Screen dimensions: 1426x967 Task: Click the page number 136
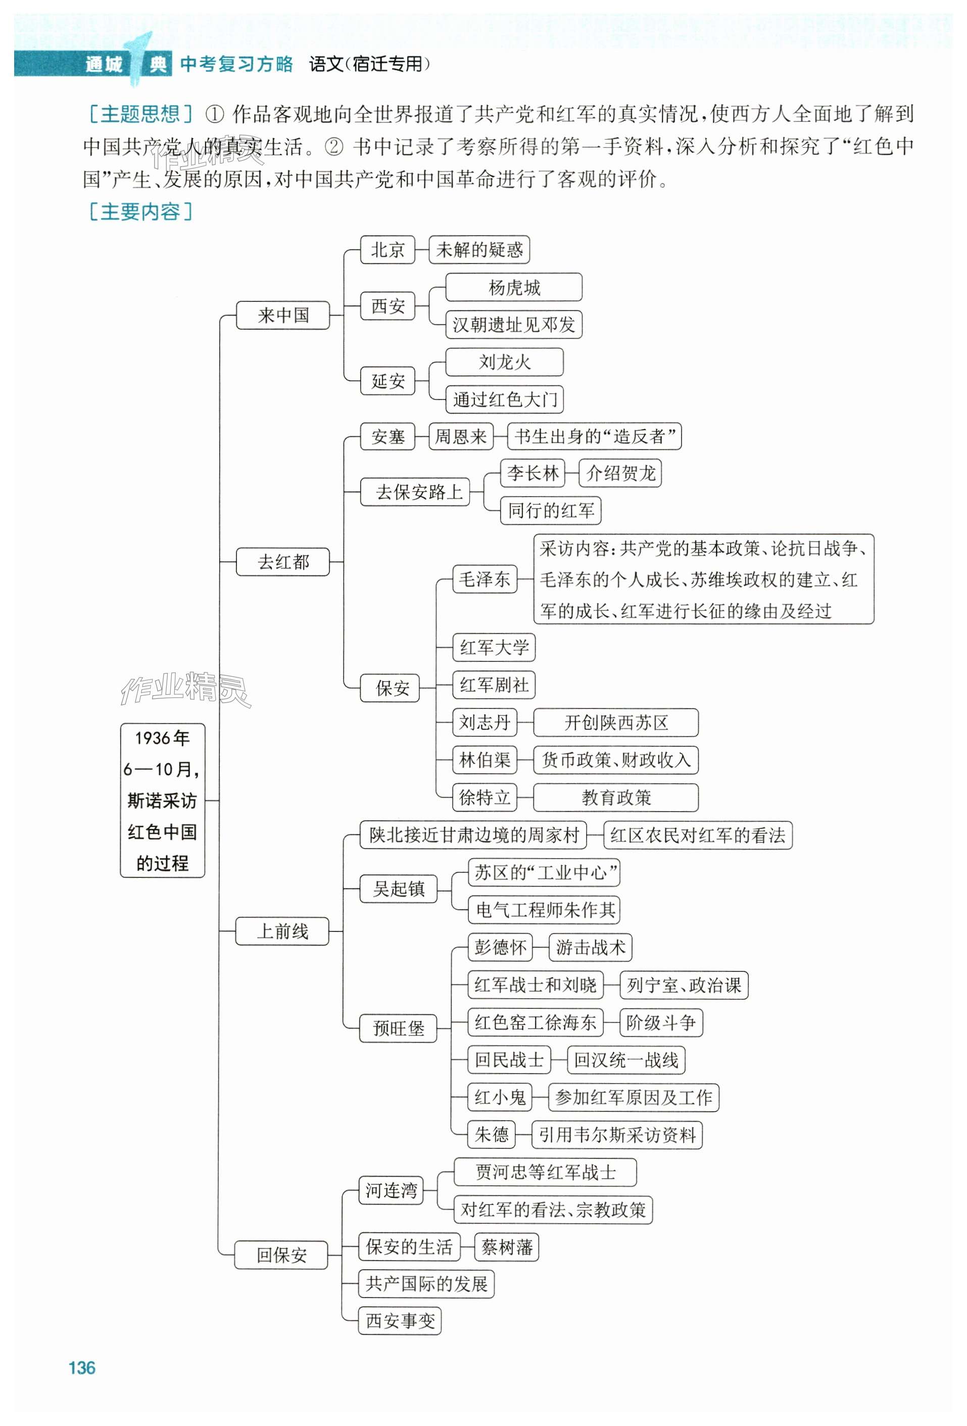(x=82, y=1368)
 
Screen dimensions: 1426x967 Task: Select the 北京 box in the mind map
(x=388, y=250)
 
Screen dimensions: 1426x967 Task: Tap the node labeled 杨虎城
(x=513, y=287)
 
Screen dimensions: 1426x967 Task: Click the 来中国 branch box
(x=283, y=316)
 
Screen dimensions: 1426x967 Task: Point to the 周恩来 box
(x=460, y=436)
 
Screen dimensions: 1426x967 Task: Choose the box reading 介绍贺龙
(x=620, y=473)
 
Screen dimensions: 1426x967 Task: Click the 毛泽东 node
(x=484, y=578)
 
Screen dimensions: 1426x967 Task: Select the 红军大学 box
(x=494, y=647)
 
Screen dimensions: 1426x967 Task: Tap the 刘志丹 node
(x=484, y=722)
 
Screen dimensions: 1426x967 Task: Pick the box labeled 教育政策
(x=616, y=797)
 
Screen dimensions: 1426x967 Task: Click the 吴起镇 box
(x=399, y=888)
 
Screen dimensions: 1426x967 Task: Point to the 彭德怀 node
(x=500, y=948)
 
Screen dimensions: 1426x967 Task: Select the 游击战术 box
(x=590, y=948)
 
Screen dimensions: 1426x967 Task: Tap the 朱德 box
(x=491, y=1135)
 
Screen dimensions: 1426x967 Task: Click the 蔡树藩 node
(x=507, y=1247)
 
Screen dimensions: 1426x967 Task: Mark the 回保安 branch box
(x=281, y=1255)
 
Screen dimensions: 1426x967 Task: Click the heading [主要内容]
(x=140, y=212)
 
